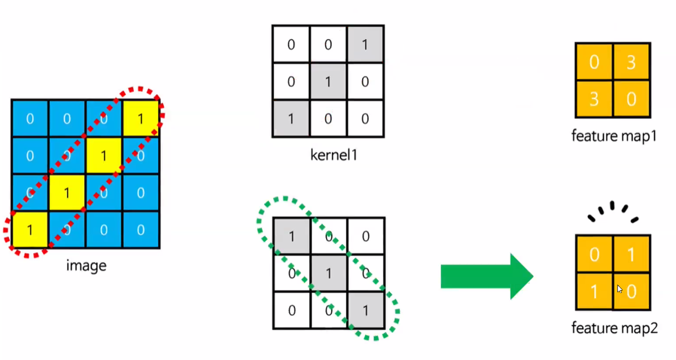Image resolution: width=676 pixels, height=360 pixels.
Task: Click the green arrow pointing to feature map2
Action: click(x=486, y=276)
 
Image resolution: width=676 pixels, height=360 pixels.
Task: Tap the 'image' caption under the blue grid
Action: click(x=86, y=264)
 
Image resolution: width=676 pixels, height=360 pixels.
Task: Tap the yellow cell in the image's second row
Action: click(x=105, y=156)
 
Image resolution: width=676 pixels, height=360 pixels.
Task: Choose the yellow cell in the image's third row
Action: click(x=67, y=193)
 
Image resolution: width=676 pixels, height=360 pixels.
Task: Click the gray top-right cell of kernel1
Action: click(x=365, y=44)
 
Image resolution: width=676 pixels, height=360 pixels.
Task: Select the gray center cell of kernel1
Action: click(x=328, y=81)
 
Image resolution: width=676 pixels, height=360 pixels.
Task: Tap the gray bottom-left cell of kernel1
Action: click(x=291, y=119)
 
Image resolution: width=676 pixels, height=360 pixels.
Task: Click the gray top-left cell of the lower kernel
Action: click(x=291, y=236)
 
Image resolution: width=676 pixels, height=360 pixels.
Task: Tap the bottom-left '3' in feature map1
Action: click(x=594, y=99)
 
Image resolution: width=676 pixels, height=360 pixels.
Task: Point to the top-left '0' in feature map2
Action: click(x=594, y=254)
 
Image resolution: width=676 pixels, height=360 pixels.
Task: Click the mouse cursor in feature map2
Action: click(x=620, y=289)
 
